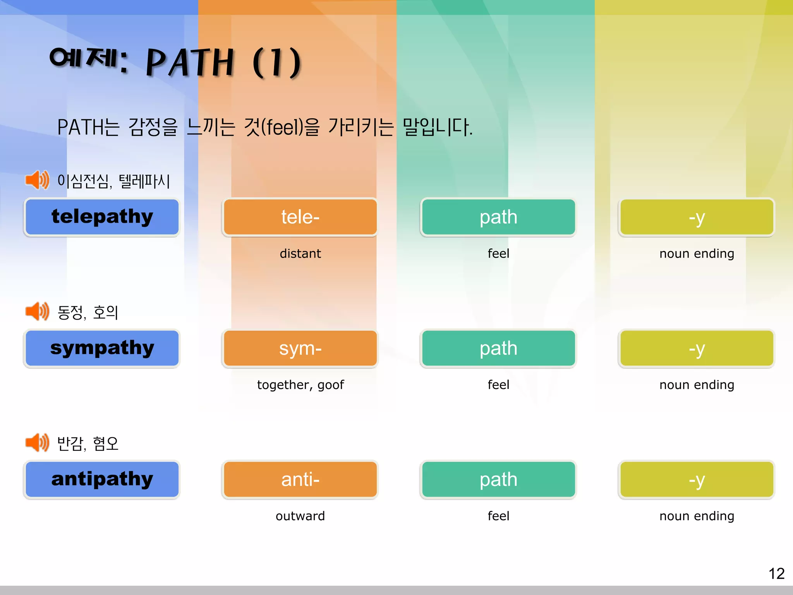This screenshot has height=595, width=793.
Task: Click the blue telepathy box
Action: click(102, 217)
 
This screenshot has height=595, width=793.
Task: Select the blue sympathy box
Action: click(102, 348)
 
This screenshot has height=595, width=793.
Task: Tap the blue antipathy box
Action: click(102, 479)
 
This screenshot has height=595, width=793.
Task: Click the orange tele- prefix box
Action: click(300, 217)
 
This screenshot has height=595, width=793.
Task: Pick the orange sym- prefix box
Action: click(300, 348)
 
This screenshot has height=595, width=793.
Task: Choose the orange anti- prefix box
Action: click(300, 479)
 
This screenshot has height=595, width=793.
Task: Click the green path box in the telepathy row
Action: click(498, 217)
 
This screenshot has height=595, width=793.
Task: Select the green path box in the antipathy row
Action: click(498, 479)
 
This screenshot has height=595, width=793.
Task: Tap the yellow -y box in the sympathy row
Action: click(697, 348)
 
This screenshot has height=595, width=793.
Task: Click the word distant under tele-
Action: click(300, 253)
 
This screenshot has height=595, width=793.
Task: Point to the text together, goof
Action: click(300, 385)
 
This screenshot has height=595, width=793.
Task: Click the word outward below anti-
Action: click(300, 516)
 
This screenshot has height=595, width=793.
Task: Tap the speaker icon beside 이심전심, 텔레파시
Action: click(37, 180)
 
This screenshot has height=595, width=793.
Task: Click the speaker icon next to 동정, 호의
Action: click(37, 311)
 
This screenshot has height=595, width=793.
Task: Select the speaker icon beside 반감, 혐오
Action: click(37, 442)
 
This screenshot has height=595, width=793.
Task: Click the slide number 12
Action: click(776, 574)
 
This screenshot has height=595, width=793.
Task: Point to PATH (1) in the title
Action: click(223, 62)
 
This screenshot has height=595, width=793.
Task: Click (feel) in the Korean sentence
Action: click(282, 127)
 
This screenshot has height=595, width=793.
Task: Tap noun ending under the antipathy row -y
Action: click(697, 516)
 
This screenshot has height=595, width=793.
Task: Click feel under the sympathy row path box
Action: click(498, 385)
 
